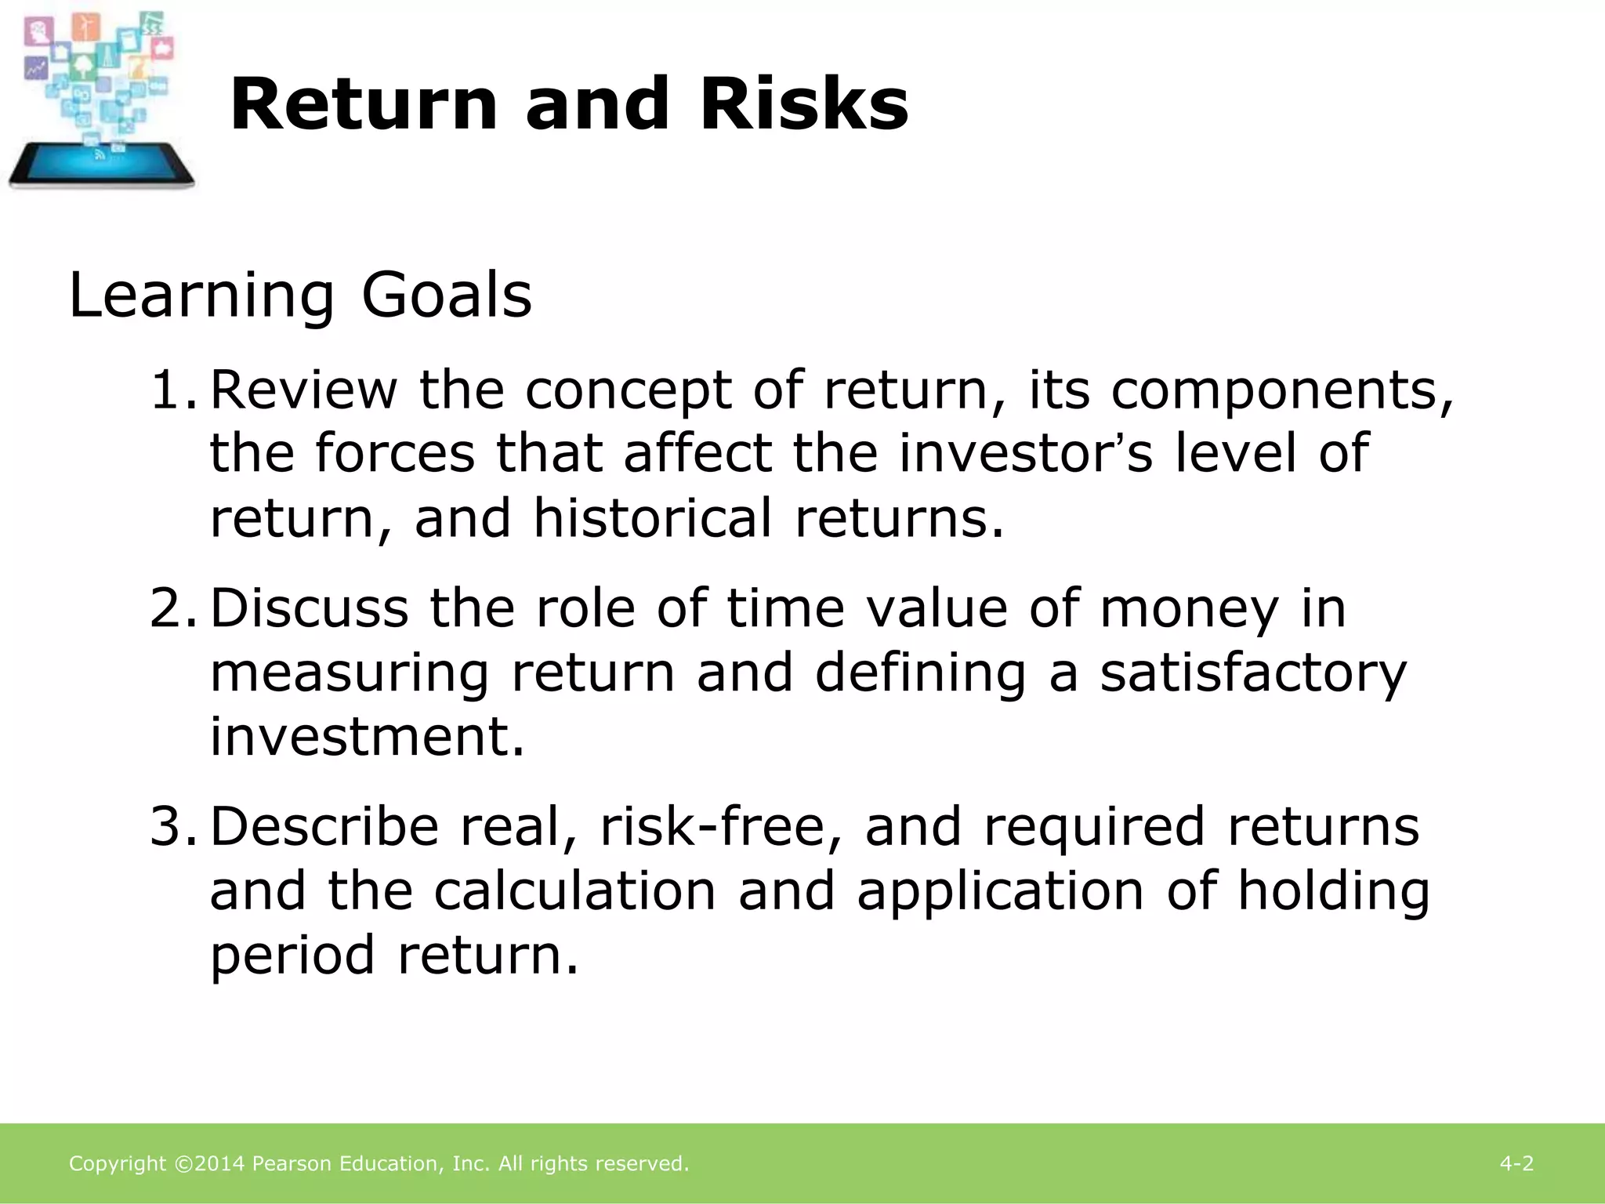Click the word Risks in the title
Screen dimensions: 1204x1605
804,104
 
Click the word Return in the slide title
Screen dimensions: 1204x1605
364,104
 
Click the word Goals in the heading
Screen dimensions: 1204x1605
447,296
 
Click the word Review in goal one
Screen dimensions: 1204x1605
304,390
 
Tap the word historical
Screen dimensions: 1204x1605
652,518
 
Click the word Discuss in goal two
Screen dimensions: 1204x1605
310,608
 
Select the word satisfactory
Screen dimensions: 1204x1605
1252,673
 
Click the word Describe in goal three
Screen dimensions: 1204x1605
324,827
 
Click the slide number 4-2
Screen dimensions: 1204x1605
1516,1163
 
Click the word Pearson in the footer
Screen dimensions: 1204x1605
292,1163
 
